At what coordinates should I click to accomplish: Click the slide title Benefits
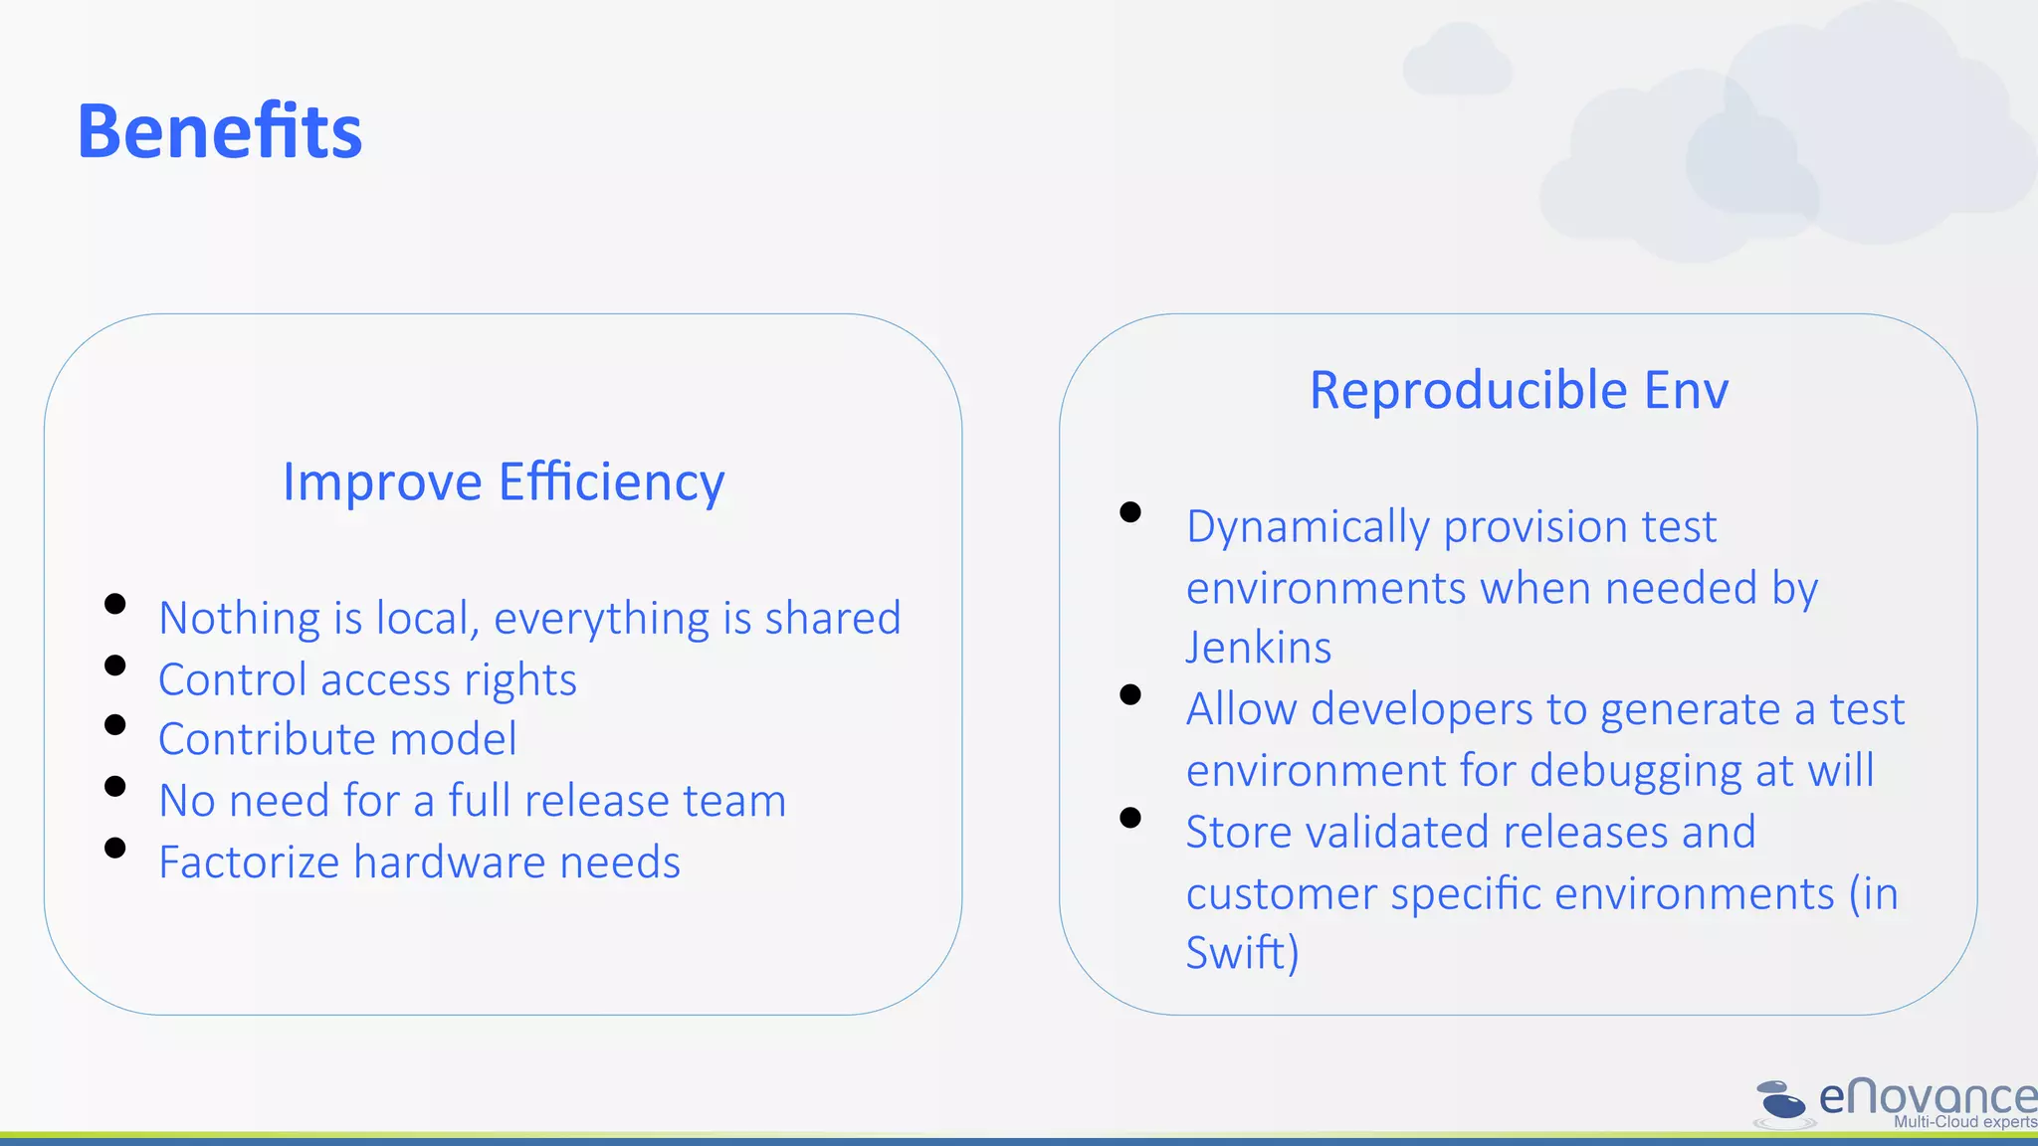click(220, 131)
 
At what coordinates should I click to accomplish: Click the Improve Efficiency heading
click(504, 482)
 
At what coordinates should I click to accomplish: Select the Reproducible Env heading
click(1519, 390)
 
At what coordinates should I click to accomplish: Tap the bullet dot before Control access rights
click(115, 666)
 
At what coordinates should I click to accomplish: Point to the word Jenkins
click(1259, 648)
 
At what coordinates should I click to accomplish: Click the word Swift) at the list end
click(1243, 952)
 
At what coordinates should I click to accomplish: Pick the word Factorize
click(249, 862)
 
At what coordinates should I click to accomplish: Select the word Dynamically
click(1308, 527)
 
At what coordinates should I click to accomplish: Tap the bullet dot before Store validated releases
click(1130, 818)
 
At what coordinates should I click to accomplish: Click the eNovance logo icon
click(1781, 1102)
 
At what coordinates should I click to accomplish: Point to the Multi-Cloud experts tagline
click(1965, 1122)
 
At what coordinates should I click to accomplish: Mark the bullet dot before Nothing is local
click(115, 604)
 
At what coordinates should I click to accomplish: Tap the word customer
click(1281, 893)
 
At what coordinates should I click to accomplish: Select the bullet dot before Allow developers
click(1130, 694)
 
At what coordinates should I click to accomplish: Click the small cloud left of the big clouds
click(1457, 62)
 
